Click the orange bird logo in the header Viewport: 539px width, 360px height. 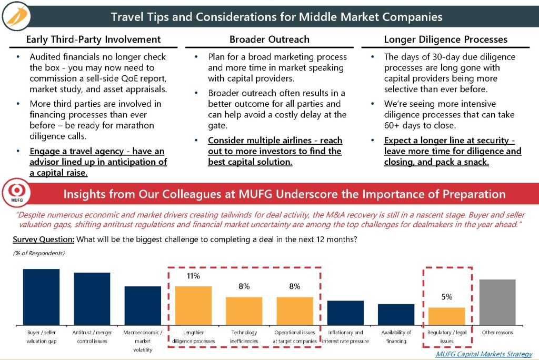pyautogui.click(x=16, y=16)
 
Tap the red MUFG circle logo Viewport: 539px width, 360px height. pyautogui.click(x=16, y=193)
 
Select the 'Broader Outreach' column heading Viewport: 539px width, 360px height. pyautogui.click(x=269, y=39)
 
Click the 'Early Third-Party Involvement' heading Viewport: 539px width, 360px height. pyautogui.click(x=94, y=39)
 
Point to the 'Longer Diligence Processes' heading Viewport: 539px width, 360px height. pyautogui.click(x=445, y=39)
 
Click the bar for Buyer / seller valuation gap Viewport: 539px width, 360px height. pyautogui.click(x=41, y=297)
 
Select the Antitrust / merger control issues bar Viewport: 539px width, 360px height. pyautogui.click(x=92, y=299)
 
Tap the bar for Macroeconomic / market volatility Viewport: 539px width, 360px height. pyautogui.click(x=143, y=306)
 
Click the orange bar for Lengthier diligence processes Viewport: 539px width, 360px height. pyautogui.click(x=194, y=306)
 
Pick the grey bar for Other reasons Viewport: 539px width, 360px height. pyautogui.click(x=497, y=302)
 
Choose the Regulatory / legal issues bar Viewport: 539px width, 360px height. pyautogui.click(x=447, y=316)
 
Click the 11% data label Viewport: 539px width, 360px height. pyautogui.click(x=193, y=276)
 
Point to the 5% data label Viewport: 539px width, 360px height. pyautogui.click(x=447, y=297)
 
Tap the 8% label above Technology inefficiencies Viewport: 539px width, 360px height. pyautogui.click(x=244, y=286)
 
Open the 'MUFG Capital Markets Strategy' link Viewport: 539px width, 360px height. pyautogui.click(x=484, y=354)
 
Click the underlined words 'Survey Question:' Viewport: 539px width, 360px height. pyautogui.click(x=43, y=239)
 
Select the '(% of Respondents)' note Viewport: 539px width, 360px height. pyautogui.click(x=39, y=253)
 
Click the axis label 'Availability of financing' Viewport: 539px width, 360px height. pyautogui.click(x=396, y=337)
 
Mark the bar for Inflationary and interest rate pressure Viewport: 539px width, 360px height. pyautogui.click(x=345, y=313)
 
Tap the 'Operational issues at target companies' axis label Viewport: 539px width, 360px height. pyautogui.click(x=295, y=337)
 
